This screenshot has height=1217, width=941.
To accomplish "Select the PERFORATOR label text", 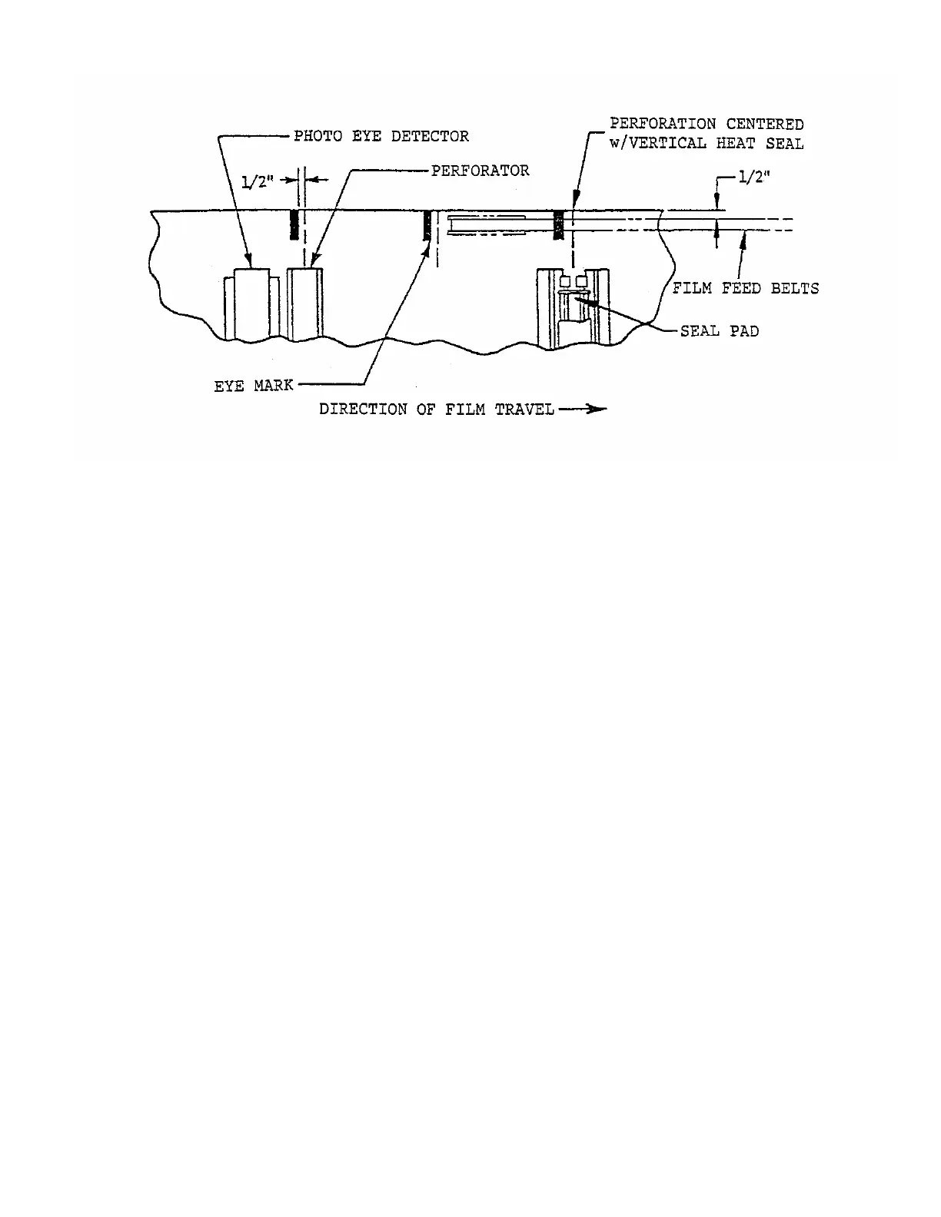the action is (480, 171).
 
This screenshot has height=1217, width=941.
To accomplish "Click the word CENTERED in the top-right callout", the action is (765, 124).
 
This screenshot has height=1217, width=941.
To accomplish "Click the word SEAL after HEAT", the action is (784, 144).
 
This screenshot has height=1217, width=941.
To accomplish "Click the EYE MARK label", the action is (253, 386).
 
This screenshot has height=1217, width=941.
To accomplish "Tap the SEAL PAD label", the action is (719, 332).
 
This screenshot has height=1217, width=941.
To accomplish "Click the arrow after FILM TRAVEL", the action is (582, 410).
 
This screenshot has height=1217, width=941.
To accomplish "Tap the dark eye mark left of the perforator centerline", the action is (294, 224).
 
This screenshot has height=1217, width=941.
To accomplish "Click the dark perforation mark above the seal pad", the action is (559, 224).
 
